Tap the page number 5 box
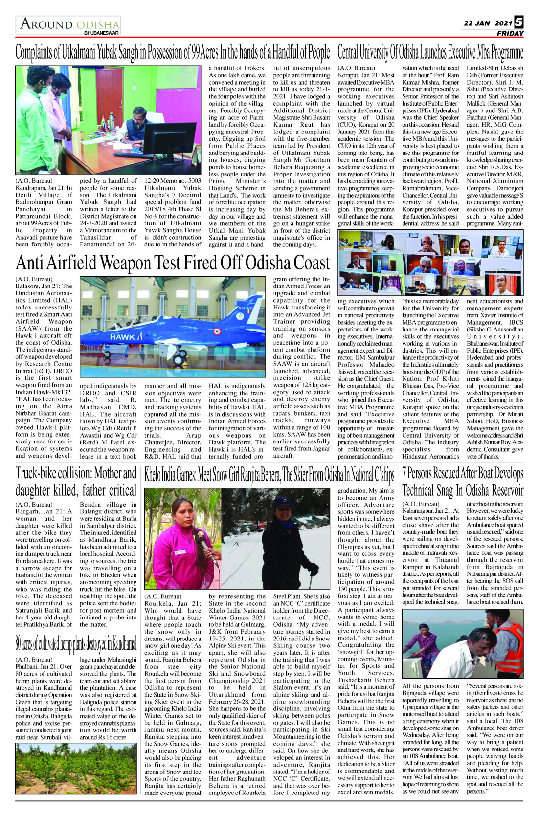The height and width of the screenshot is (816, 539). (519, 22)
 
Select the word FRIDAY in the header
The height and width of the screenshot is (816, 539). (510, 33)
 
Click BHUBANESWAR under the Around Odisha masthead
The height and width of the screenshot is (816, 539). (101, 33)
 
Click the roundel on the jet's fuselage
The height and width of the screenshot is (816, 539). (215, 331)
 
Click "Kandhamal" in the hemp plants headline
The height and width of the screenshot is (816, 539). (123, 644)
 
